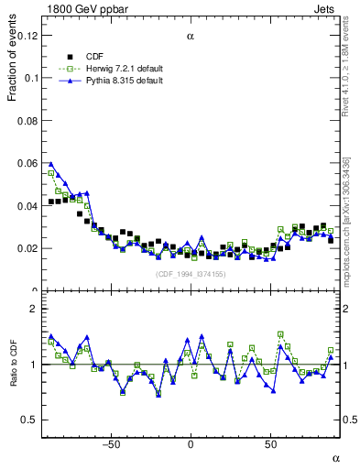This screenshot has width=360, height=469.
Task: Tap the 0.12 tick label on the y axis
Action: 27,36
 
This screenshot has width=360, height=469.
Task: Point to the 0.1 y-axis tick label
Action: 31,78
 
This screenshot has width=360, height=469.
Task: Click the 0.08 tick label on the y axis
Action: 27,121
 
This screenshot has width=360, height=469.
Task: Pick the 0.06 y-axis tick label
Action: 27,163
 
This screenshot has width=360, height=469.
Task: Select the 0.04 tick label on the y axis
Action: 27,206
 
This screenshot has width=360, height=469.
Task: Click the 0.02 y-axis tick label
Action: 27,248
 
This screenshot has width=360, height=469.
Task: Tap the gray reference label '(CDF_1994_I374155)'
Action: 190,274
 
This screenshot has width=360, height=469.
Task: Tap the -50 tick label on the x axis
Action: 111,444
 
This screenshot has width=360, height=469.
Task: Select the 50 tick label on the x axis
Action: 270,444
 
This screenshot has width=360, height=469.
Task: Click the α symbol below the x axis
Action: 335,457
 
